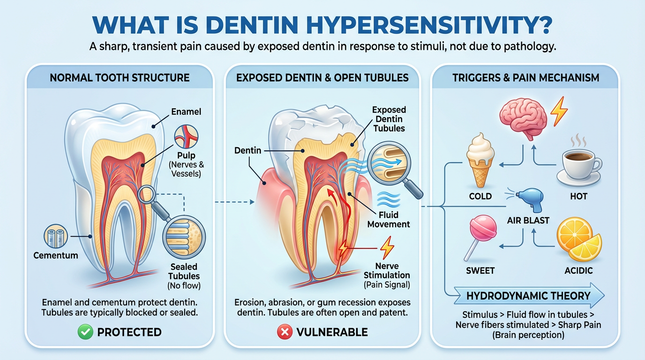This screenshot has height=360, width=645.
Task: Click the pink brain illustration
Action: click(x=523, y=118)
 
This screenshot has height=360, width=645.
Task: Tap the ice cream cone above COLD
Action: click(x=480, y=160)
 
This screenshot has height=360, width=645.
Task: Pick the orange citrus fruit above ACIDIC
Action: click(x=579, y=239)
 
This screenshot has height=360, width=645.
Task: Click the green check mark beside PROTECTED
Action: click(x=85, y=332)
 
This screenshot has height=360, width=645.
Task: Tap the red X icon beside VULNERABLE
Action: click(x=285, y=332)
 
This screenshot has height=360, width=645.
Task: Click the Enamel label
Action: click(x=186, y=112)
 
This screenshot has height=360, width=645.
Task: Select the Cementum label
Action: click(x=56, y=255)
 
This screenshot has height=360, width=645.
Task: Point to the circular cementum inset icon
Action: click(x=56, y=236)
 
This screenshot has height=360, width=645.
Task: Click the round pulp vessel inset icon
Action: click(x=186, y=136)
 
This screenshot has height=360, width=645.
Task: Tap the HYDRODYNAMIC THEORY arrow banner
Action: click(x=529, y=295)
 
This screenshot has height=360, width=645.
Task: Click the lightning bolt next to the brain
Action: click(x=559, y=111)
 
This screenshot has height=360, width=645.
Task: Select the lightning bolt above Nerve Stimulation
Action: click(x=387, y=247)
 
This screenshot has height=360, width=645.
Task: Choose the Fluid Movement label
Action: click(x=389, y=219)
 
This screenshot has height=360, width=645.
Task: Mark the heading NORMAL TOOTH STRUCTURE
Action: click(x=120, y=78)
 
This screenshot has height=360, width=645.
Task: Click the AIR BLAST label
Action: click(x=528, y=221)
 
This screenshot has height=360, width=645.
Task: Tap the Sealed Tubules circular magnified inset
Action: click(x=184, y=237)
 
